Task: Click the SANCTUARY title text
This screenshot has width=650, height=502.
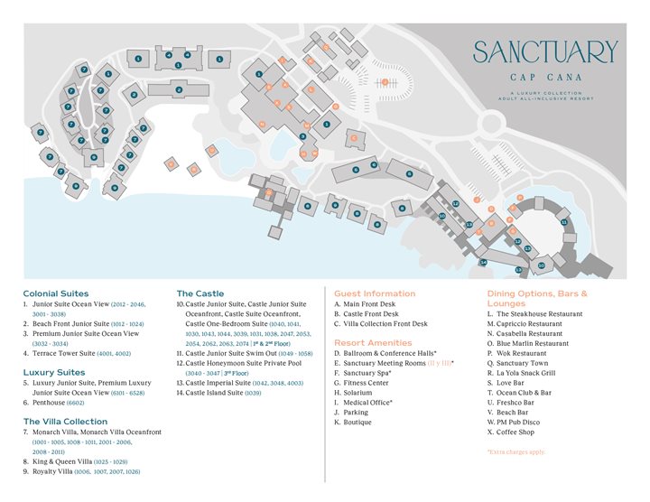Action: coord(545,52)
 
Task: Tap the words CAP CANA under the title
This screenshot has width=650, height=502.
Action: coord(545,78)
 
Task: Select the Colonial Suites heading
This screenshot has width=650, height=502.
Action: coord(56,293)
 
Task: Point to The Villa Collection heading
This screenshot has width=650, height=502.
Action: coord(65,422)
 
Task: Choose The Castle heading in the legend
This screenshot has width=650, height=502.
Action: coord(200,293)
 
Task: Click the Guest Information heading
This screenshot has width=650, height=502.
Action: coord(375,293)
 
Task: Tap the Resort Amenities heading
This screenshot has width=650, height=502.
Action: coord(373,343)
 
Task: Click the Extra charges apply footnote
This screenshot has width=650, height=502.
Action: coord(515,451)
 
